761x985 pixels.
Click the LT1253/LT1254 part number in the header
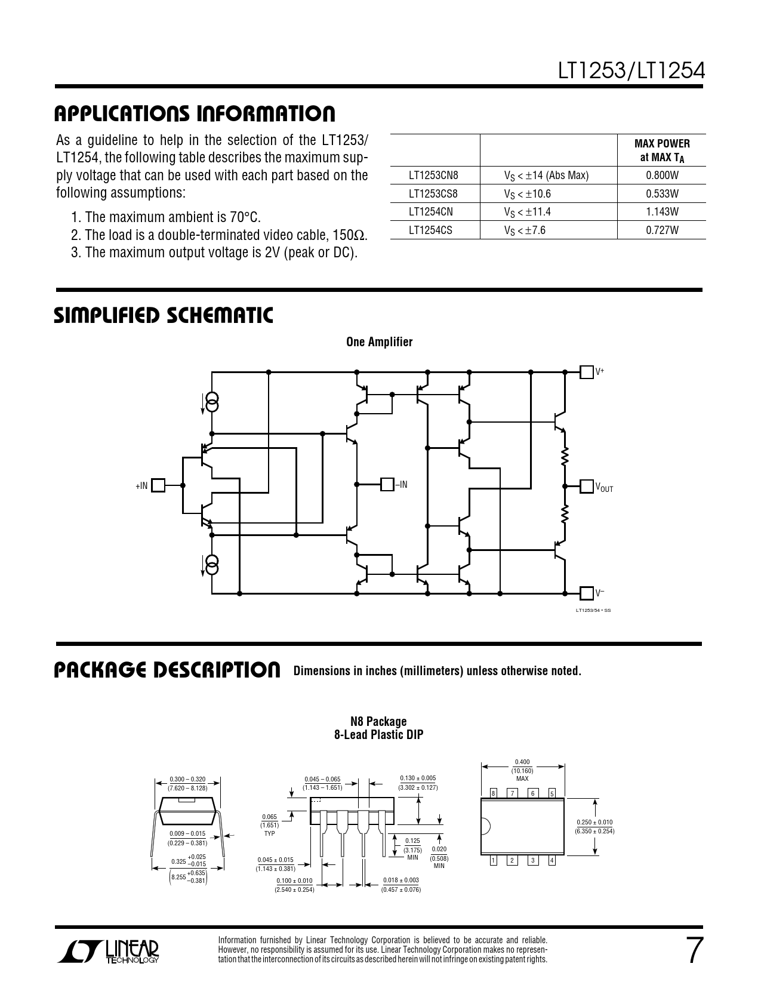[x=631, y=72]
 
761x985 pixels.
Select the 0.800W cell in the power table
[x=661, y=176]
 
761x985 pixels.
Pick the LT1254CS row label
[x=430, y=230]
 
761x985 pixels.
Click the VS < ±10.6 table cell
[x=527, y=194]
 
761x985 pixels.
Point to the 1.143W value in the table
[x=661, y=212]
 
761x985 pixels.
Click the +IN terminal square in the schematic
[x=158, y=485]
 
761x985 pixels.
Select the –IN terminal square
[x=387, y=485]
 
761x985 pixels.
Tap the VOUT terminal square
[x=587, y=486]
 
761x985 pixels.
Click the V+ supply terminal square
[x=587, y=372]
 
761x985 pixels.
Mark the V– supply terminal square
[x=587, y=593]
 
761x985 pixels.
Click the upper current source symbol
[x=212, y=402]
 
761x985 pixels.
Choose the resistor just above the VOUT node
[x=564, y=457]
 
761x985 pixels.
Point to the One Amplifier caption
[x=379, y=342]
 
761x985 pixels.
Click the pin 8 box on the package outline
[x=493, y=793]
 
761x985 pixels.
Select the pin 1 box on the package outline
[x=493, y=860]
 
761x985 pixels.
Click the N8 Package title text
[x=378, y=721]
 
